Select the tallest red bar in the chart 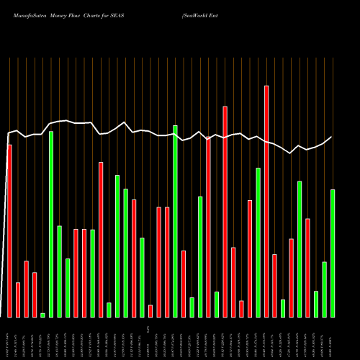coord(266,201)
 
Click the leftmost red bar coord(9,230)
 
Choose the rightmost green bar coord(333,253)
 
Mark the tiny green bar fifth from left coord(42,315)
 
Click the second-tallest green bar coord(51,224)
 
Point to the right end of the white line coord(332,137)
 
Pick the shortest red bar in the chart coord(150,311)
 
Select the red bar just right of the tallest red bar coord(274,285)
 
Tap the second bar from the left coord(18,300)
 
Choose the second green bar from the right coord(324,289)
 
